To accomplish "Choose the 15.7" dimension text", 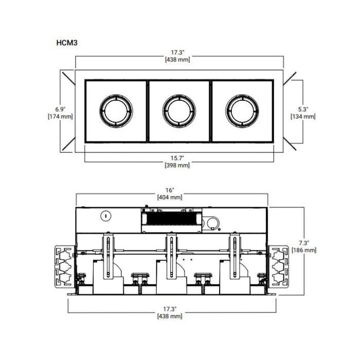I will click(177, 158).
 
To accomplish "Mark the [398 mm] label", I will click(177, 165).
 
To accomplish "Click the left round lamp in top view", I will click(116, 111).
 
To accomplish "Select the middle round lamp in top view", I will click(179, 111).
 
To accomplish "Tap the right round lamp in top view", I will click(242, 111).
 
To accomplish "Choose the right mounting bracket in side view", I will click(280, 264).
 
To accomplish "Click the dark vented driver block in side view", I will click(170, 220).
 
